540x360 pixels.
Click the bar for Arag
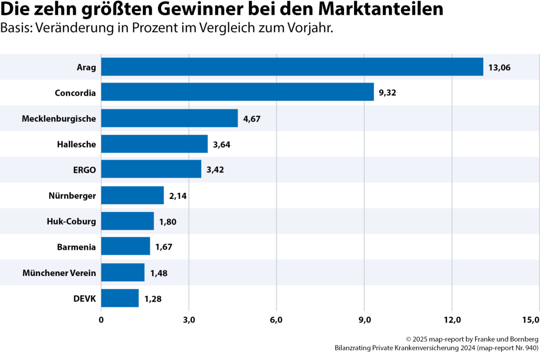pos(292,67)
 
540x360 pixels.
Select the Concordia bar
pos(237,92)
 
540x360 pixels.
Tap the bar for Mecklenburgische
pos(169,118)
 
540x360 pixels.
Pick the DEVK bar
pos(120,298)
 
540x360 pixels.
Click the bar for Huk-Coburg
pos(127,221)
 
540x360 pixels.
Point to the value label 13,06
pos(500,67)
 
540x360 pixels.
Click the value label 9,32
pos(387,92)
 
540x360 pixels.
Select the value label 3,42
pos(215,170)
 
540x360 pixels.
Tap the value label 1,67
pos(164,247)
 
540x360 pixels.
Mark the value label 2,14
pos(178,196)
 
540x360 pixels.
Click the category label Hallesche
pos(76,144)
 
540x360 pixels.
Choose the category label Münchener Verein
pos(59,273)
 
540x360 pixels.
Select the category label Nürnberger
pos(72,196)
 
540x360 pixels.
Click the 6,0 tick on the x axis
pos(276,320)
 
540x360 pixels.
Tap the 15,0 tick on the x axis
pos(531,320)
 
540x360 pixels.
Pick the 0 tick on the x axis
pos(101,320)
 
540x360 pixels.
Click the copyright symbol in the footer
pos(408,339)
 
